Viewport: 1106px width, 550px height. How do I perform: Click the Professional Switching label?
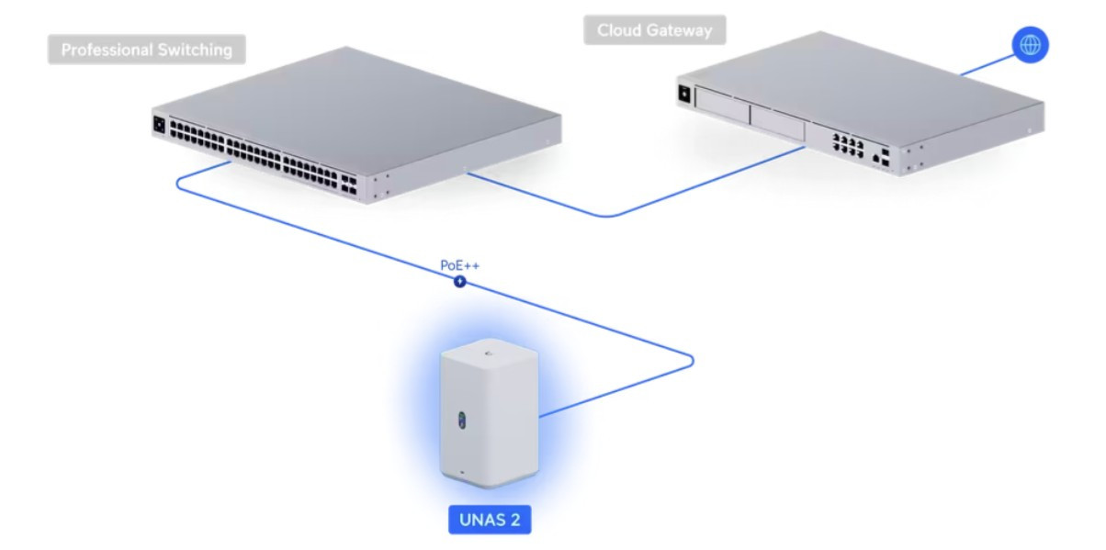(146, 50)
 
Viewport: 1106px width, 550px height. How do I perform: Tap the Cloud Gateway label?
(654, 30)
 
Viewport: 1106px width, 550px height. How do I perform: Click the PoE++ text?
(460, 266)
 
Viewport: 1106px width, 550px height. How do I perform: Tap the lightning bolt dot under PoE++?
(460, 282)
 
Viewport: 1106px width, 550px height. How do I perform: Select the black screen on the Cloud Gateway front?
(683, 92)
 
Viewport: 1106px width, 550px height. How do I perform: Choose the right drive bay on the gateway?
(777, 123)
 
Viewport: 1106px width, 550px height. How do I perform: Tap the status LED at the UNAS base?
(462, 478)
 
